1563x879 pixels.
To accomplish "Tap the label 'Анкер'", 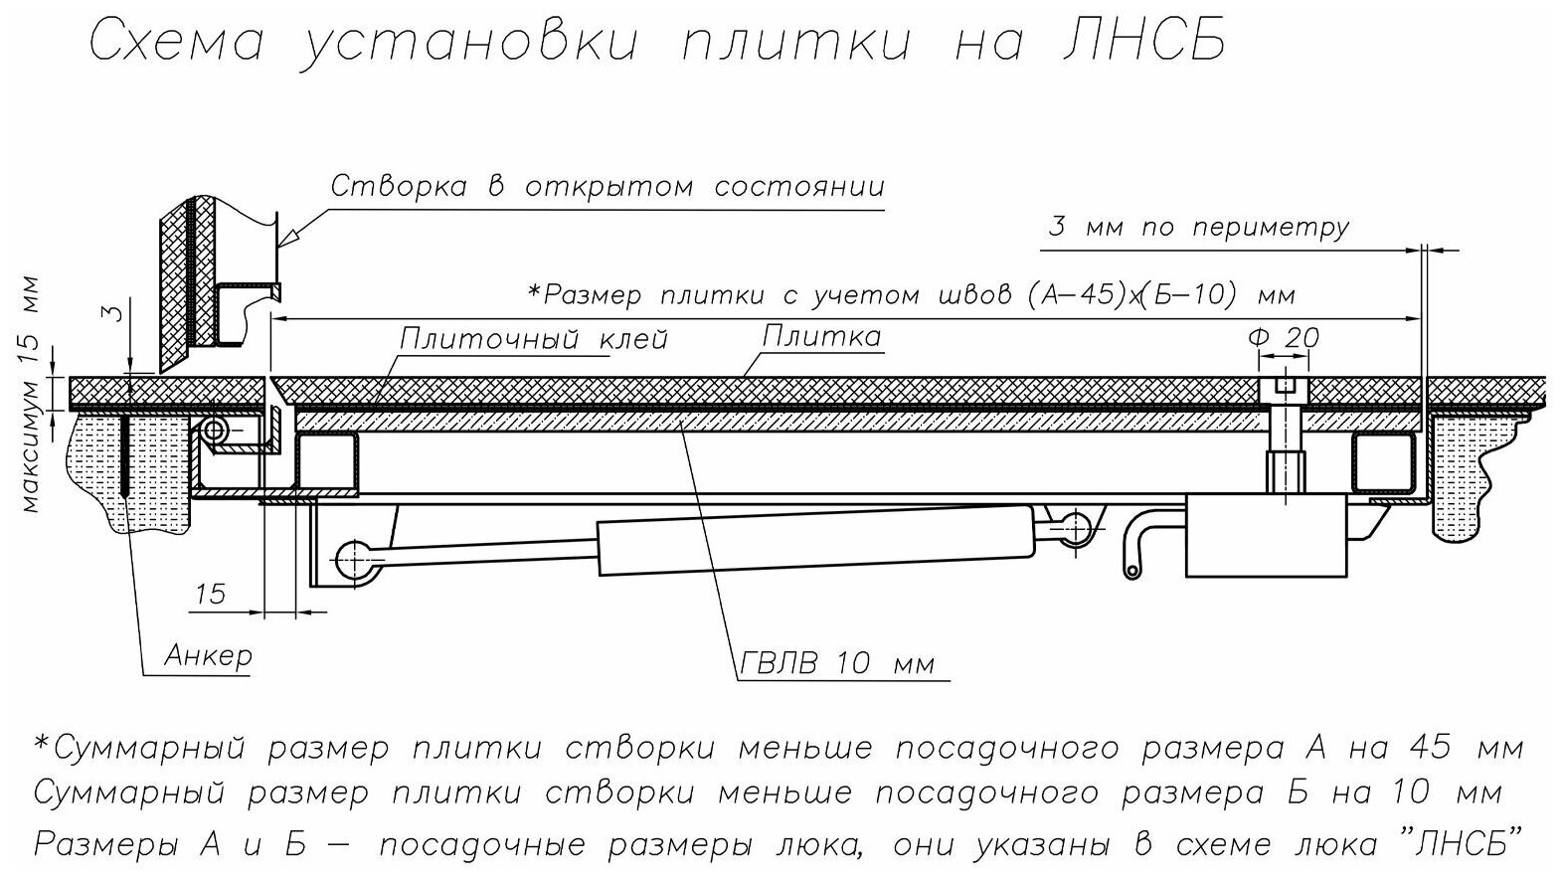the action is pyautogui.click(x=208, y=655).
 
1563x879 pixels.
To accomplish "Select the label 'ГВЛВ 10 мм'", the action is pyautogui.click(x=836, y=663).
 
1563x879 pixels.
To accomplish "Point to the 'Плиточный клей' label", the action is pyautogui.click(x=533, y=339).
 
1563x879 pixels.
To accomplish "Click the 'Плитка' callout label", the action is pyautogui.click(x=821, y=336).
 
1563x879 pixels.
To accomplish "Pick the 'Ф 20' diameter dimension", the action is pyautogui.click(x=1284, y=337).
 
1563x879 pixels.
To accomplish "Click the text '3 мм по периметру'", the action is pyautogui.click(x=1198, y=228).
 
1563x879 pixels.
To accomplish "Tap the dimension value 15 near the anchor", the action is pyautogui.click(x=211, y=594).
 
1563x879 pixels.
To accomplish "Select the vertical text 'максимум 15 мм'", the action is pyautogui.click(x=32, y=394).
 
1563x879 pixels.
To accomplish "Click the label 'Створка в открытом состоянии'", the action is pyautogui.click(x=607, y=187).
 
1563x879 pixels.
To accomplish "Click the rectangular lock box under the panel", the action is pyautogui.click(x=1265, y=537).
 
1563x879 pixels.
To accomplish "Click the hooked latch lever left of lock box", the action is pyautogui.click(x=1141, y=542).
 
